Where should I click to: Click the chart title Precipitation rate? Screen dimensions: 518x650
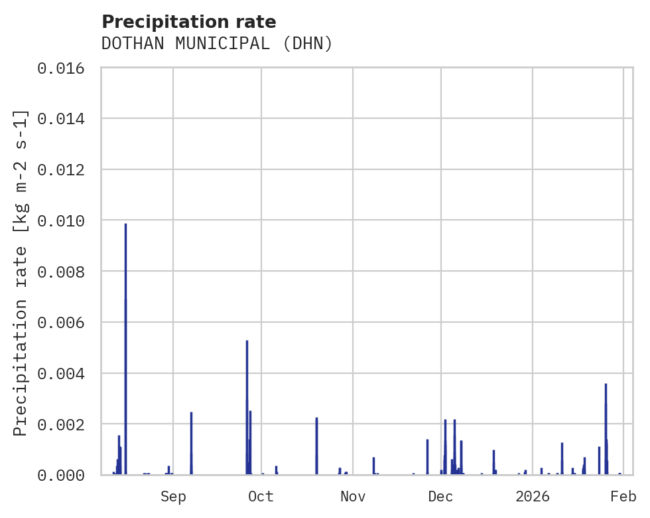coord(188,22)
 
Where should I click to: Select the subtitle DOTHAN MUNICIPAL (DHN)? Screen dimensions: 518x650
coord(217,44)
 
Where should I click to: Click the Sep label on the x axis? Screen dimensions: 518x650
coord(173,496)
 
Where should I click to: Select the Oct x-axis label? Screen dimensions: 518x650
coord(261,496)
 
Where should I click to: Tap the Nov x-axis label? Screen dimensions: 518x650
coord(353,496)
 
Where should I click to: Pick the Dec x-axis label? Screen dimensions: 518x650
coord(441,496)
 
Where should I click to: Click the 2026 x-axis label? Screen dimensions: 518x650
coord(533,496)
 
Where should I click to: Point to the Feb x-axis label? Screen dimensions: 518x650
coord(623,496)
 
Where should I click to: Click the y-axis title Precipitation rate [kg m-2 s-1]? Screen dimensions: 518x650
coord(21,272)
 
